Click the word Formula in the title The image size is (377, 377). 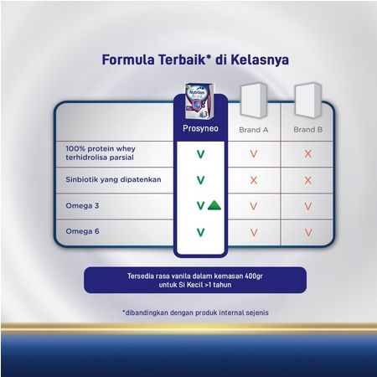[x=128, y=59]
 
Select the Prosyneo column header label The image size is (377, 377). [x=200, y=128]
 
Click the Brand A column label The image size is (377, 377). [x=254, y=130]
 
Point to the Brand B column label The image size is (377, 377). [x=308, y=130]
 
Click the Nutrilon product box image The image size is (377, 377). [x=200, y=101]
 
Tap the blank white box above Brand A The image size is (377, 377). [x=254, y=100]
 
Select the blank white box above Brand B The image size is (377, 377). [x=308, y=100]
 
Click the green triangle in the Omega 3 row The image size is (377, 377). [x=214, y=205]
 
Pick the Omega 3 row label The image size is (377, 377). [x=82, y=206]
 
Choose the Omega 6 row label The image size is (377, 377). [x=82, y=231]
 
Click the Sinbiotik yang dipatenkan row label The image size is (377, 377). [x=113, y=179]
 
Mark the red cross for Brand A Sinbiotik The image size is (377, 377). [x=254, y=180]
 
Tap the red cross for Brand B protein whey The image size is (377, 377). [x=308, y=154]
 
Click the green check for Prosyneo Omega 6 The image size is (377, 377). [x=200, y=232]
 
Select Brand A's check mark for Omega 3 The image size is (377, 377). [x=254, y=206]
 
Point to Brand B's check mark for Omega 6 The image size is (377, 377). [x=308, y=232]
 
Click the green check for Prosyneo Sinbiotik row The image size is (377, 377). [x=200, y=180]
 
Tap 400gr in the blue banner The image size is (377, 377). [x=254, y=276]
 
